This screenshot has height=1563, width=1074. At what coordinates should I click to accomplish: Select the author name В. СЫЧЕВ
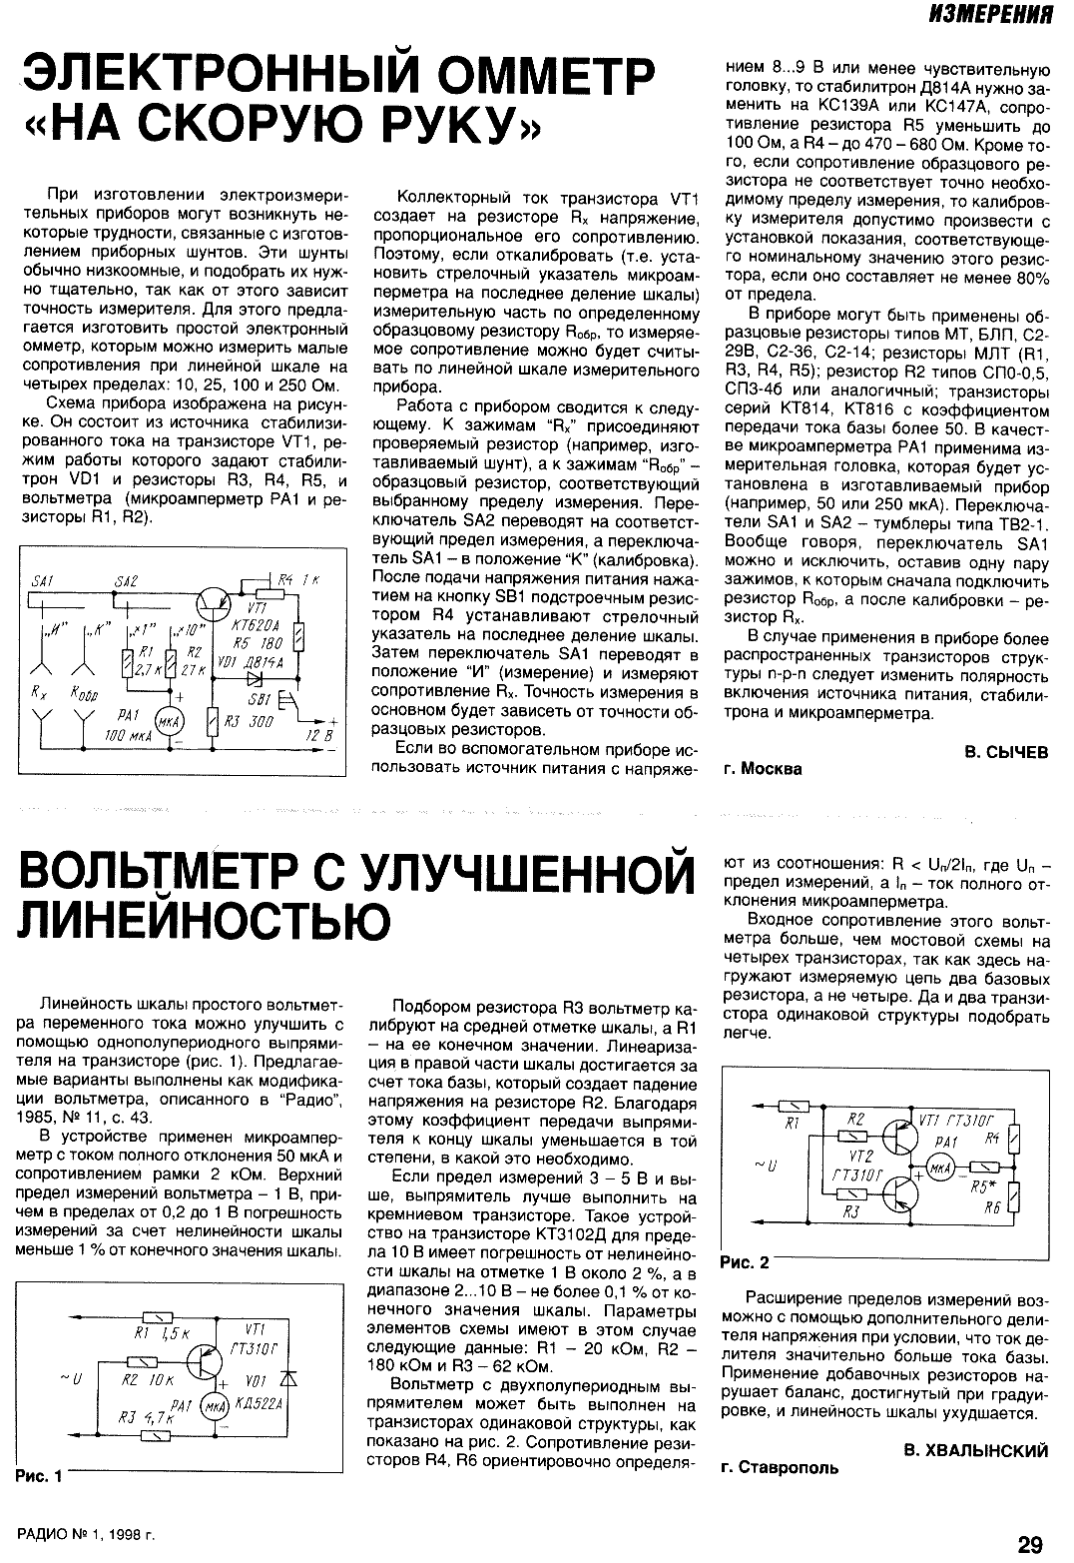click(1006, 751)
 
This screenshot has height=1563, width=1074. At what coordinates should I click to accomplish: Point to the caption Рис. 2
click(744, 1262)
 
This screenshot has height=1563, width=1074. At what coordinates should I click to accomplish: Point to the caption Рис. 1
click(40, 1476)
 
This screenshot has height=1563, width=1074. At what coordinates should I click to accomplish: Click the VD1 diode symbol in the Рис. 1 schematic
click(289, 1378)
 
